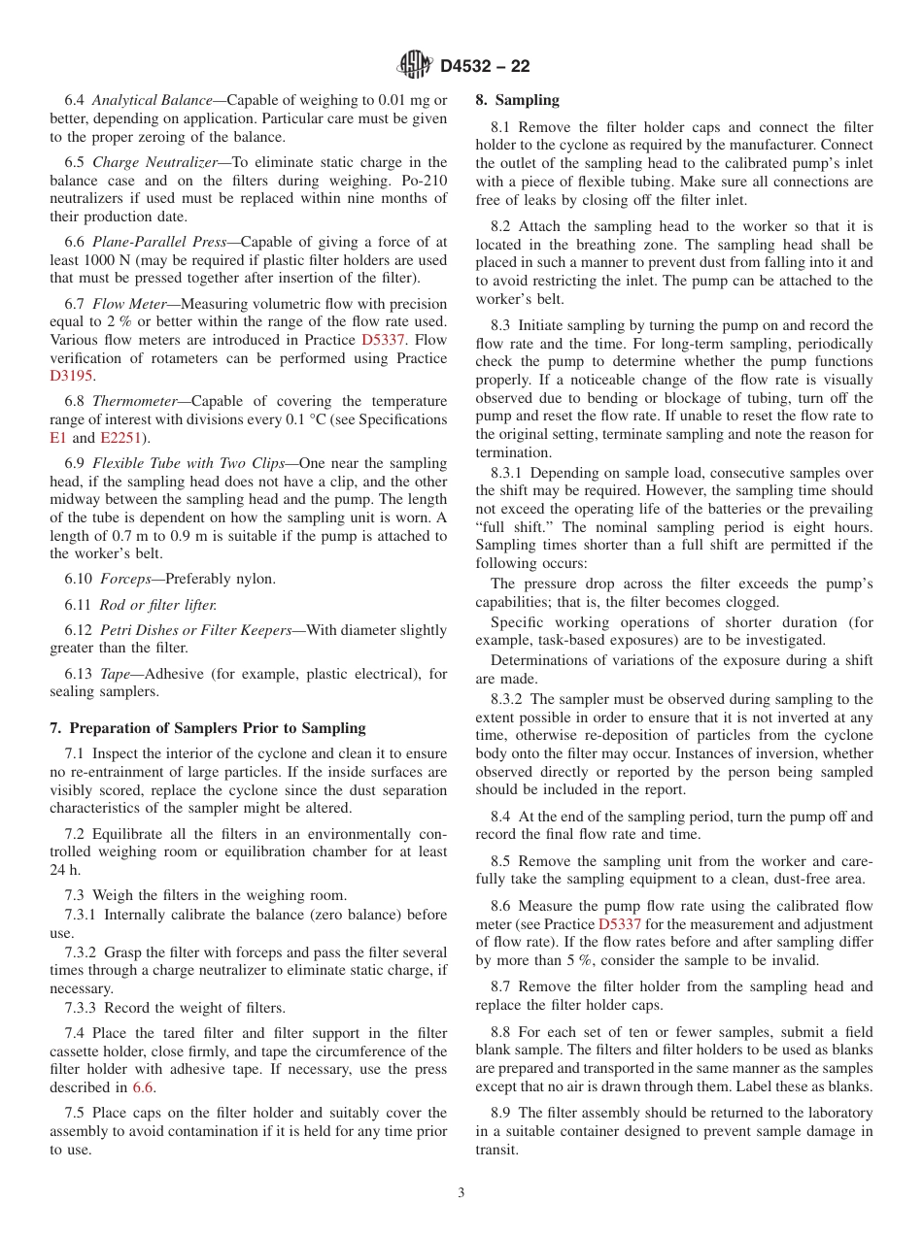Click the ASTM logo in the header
(415, 65)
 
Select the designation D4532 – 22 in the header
(485, 66)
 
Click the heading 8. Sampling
(517, 100)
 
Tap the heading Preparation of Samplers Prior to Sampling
(208, 728)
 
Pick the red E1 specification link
(58, 438)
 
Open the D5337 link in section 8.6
(619, 924)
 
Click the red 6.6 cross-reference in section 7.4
(143, 1087)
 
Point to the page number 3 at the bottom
(461, 1193)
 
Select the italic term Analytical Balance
(151, 100)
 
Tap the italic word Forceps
(126, 579)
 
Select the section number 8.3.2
(507, 699)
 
